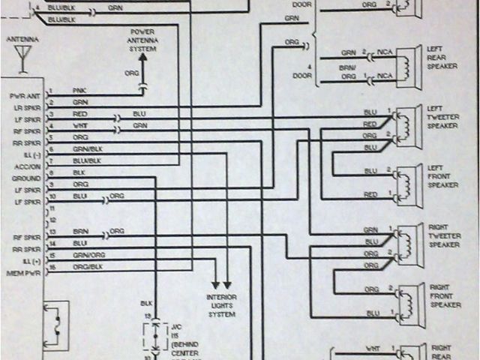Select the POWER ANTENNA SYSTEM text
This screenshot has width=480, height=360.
coord(142,40)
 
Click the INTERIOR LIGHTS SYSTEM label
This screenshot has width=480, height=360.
coord(221,305)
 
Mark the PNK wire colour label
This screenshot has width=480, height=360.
coord(79,91)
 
